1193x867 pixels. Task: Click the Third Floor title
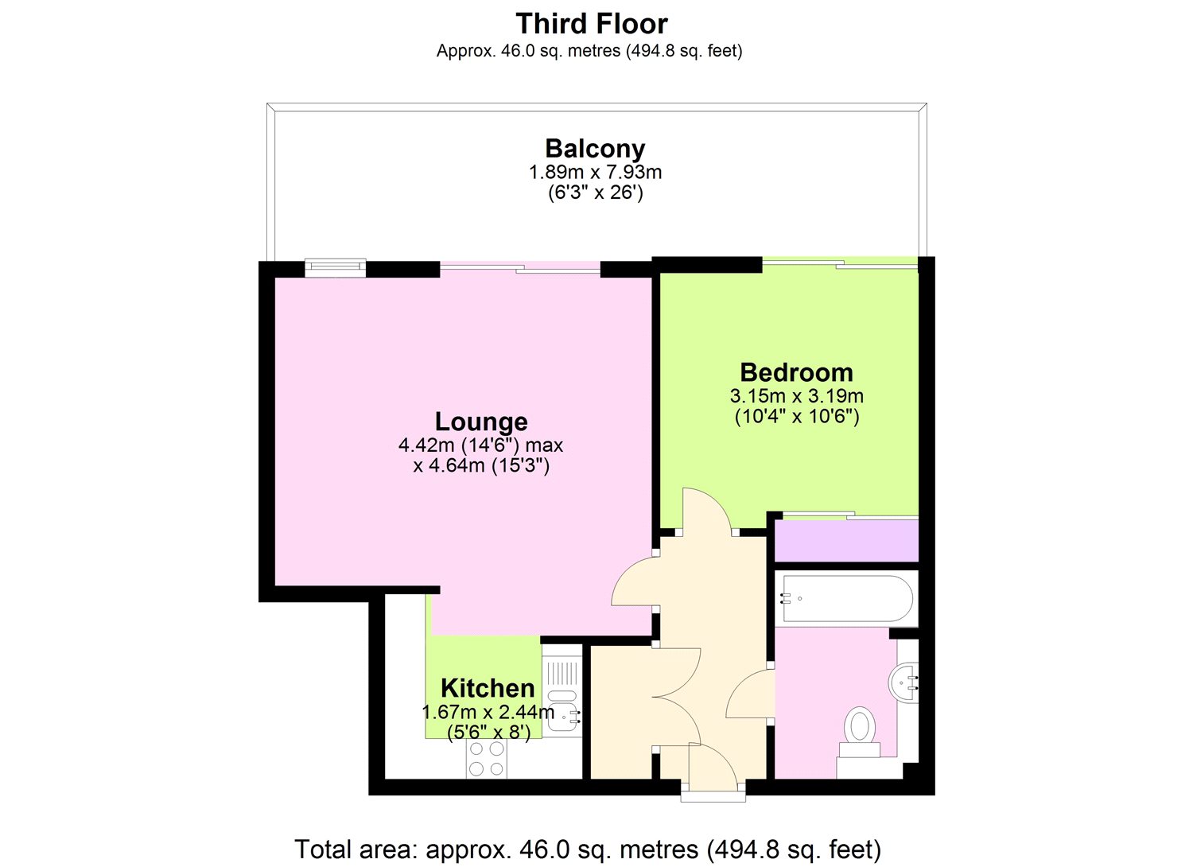click(592, 24)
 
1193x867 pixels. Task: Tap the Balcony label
click(595, 149)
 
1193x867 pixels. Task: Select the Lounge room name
click(481, 422)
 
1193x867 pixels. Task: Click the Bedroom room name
click(796, 372)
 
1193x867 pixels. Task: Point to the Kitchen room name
click(488, 688)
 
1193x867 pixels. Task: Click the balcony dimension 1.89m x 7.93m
click(595, 172)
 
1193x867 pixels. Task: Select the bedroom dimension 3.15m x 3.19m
click(796, 396)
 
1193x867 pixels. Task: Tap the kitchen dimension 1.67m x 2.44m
click(488, 712)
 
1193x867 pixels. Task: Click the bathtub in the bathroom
click(846, 598)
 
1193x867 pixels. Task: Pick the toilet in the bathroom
click(860, 728)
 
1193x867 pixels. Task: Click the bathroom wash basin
click(904, 682)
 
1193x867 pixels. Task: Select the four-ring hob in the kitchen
click(486, 758)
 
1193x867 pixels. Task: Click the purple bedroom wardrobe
click(846, 541)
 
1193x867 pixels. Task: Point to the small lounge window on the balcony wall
click(335, 268)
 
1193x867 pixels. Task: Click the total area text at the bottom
click(588, 850)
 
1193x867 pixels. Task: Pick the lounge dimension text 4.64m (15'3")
click(481, 466)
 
